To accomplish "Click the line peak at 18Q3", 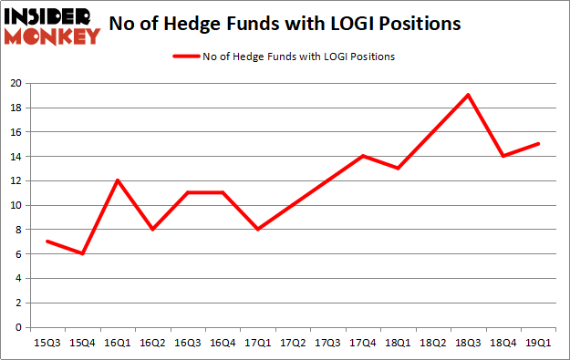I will click(x=468, y=95).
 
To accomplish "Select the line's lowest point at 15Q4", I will click(x=83, y=253).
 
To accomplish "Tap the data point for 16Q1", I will click(x=118, y=180).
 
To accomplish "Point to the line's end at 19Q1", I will click(x=538, y=143).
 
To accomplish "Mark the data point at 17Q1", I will click(x=258, y=229).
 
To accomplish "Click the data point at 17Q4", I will click(x=363, y=156).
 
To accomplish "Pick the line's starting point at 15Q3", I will click(x=47, y=242).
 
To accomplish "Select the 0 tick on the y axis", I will click(x=19, y=327).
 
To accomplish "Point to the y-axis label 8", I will click(x=19, y=230).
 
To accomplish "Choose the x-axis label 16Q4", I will click(x=223, y=343).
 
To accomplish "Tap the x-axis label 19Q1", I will click(x=538, y=343).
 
